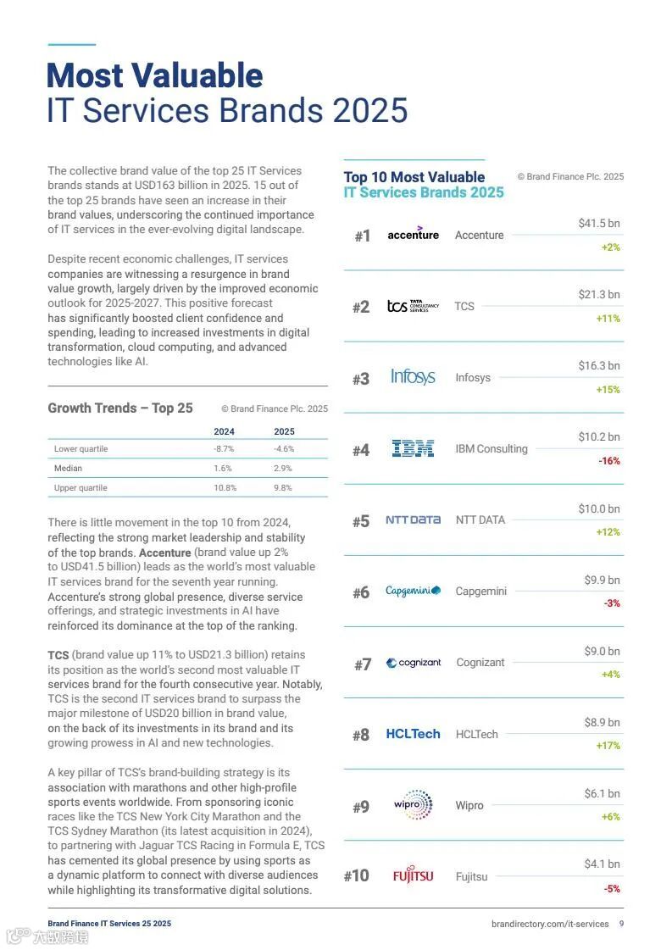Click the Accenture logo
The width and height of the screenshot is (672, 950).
(x=413, y=234)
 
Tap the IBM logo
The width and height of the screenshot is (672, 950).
(x=413, y=448)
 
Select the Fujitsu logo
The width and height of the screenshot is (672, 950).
(x=413, y=875)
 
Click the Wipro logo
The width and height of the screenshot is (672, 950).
(x=414, y=804)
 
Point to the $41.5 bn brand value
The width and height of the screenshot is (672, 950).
(x=599, y=223)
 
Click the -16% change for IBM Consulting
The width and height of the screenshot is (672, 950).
(x=609, y=461)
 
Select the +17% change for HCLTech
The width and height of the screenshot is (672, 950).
(x=608, y=746)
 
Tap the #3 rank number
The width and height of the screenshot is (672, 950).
(x=361, y=379)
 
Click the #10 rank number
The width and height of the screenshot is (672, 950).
(x=357, y=875)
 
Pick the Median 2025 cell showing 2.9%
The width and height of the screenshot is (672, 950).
(x=283, y=468)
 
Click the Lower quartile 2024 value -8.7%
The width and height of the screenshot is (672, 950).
(x=224, y=448)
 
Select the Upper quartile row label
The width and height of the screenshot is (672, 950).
(x=81, y=487)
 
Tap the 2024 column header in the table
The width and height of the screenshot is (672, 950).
(x=224, y=431)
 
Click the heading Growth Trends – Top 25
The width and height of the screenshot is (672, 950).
(x=120, y=408)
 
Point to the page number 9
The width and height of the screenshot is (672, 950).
(x=621, y=924)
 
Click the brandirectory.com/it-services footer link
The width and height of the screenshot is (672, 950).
(x=550, y=924)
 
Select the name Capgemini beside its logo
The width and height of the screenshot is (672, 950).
(x=480, y=591)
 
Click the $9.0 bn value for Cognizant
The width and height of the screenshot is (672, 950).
(x=602, y=651)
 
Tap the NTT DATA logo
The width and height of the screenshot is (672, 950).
(x=413, y=519)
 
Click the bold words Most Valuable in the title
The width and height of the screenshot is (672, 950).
(x=154, y=75)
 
